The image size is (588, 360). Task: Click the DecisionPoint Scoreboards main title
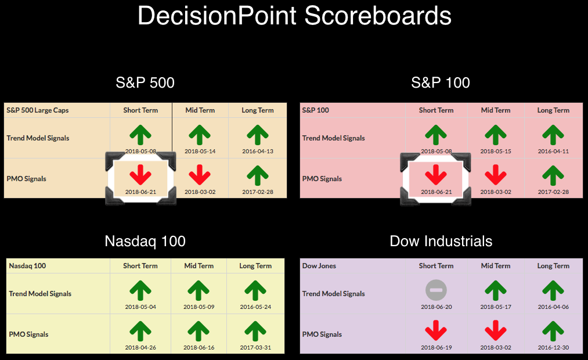[x=294, y=16]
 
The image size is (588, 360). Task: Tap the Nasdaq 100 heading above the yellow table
[x=145, y=241]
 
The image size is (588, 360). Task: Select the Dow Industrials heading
[x=441, y=241]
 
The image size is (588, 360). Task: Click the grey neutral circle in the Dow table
[x=436, y=290]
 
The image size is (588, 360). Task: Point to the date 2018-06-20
[x=436, y=307]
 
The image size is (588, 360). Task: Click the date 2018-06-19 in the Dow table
[x=436, y=347]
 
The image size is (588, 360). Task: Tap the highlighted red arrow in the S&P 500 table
[x=140, y=175]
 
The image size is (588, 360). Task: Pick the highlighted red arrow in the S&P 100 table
[x=436, y=175]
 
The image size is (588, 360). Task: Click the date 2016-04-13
[x=258, y=151]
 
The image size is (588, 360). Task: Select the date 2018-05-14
[x=200, y=151]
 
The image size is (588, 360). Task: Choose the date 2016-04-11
[x=553, y=151]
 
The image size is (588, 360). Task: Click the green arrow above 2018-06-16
[x=199, y=332]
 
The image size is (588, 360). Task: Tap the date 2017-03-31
[x=255, y=347]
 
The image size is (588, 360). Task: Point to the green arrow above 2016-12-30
[x=553, y=332]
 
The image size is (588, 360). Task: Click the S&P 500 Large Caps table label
[x=38, y=110]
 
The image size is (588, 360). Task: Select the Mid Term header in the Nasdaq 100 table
[x=199, y=266]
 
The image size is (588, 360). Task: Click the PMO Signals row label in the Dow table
[x=322, y=334]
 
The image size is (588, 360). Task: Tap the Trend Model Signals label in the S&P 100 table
[x=333, y=138]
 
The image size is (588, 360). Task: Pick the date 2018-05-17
[x=496, y=307]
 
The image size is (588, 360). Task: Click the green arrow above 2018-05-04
[x=140, y=291]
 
